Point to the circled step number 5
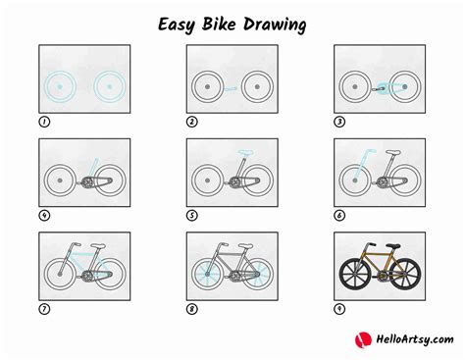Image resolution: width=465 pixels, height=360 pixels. pyautogui.click(x=191, y=216)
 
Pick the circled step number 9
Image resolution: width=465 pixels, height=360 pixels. pyautogui.click(x=339, y=309)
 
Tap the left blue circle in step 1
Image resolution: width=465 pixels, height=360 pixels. pyautogui.click(x=61, y=87)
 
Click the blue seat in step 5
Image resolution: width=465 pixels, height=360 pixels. pyautogui.click(x=241, y=151)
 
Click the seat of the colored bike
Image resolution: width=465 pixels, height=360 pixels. pyautogui.click(x=392, y=245)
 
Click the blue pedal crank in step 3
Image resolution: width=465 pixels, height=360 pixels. pyautogui.click(x=378, y=89)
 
